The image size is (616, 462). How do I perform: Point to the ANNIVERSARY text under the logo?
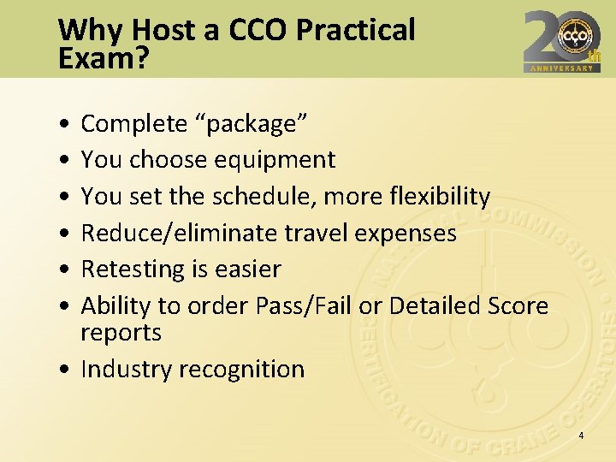click(562, 68)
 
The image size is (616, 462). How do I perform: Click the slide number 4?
click(581, 436)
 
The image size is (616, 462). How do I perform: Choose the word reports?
click(121, 333)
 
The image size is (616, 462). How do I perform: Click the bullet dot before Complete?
click(66, 125)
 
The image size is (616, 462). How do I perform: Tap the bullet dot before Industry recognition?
click(66, 370)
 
